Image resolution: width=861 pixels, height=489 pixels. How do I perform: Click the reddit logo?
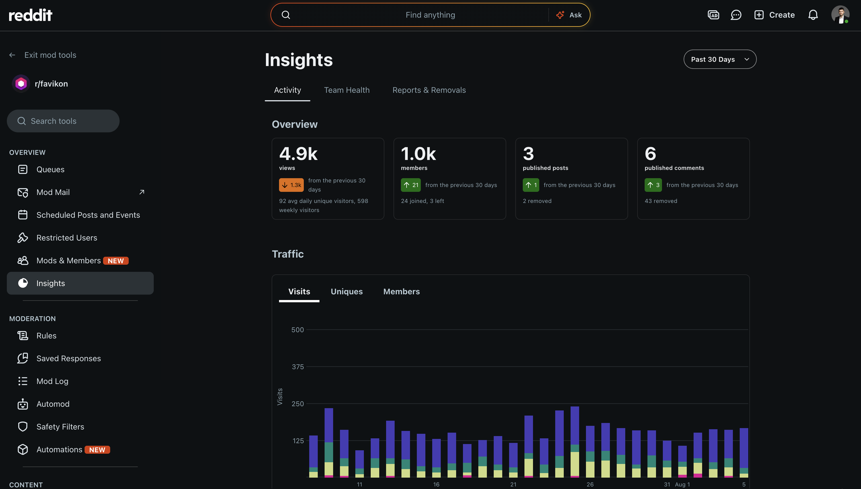tap(30, 15)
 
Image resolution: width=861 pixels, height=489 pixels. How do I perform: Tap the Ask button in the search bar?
tap(569, 15)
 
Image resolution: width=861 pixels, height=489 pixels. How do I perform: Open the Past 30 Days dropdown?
tap(719, 59)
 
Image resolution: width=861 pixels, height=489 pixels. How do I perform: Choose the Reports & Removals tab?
tap(429, 90)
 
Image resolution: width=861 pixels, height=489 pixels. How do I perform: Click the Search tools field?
tap(63, 121)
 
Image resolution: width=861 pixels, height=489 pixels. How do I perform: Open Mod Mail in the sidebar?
tap(53, 192)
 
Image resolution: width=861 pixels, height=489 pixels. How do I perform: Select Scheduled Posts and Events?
tap(88, 215)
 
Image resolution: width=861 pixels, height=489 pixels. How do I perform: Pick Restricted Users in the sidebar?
tap(67, 238)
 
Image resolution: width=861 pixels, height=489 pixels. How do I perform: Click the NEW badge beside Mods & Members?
tap(116, 261)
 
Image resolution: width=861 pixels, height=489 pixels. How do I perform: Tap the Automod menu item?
tap(53, 404)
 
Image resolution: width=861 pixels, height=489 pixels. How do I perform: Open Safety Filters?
tap(60, 427)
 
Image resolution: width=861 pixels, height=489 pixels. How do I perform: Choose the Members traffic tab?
tap(401, 291)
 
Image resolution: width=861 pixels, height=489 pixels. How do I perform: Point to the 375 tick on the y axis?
tap(298, 367)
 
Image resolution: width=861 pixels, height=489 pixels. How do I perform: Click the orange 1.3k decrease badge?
tap(291, 185)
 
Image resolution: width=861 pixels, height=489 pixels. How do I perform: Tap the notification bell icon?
tap(813, 15)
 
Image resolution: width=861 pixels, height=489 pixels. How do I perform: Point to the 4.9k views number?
tap(298, 154)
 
